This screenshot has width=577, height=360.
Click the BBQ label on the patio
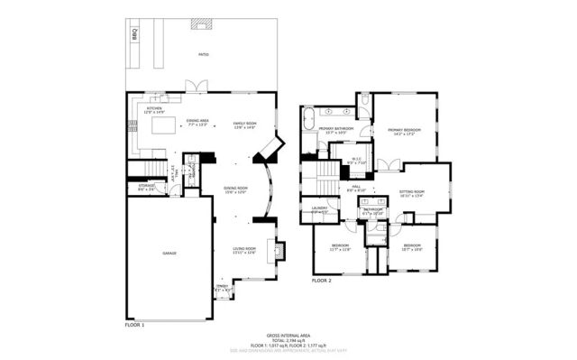point(135,35)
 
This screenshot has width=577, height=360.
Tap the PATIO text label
point(204,55)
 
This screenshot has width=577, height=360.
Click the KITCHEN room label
point(155,107)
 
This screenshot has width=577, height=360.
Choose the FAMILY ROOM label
point(244,125)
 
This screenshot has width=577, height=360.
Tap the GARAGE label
point(169,254)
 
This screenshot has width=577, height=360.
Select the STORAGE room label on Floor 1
point(147,188)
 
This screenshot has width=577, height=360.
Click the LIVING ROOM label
point(244,250)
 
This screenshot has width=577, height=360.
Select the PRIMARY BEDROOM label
point(406,131)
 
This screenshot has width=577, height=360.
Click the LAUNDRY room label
point(319,209)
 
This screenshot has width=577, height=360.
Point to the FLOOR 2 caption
point(322,282)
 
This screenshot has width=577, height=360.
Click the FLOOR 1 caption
point(134,323)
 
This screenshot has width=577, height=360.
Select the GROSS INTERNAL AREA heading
point(287,333)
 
